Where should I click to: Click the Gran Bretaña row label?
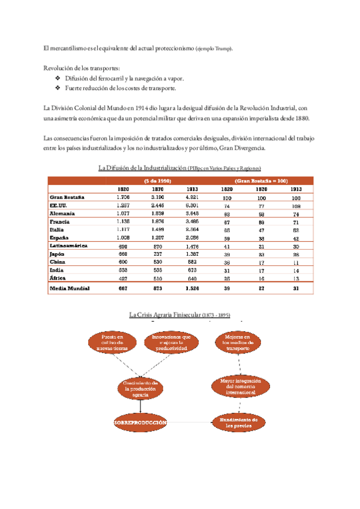click(67, 197)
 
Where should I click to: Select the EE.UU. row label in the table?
click(58, 205)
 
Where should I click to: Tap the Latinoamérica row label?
click(68, 246)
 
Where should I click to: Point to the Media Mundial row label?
click(70, 289)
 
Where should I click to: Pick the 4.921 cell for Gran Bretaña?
click(193, 197)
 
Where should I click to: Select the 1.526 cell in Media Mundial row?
click(193, 289)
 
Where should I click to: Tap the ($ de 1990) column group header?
click(158, 180)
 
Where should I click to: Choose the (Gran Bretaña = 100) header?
click(261, 180)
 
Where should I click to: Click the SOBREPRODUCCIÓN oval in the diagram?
click(140, 423)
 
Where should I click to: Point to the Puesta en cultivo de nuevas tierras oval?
click(112, 342)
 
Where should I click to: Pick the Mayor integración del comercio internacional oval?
click(238, 387)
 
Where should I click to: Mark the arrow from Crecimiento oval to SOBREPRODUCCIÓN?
click(140, 406)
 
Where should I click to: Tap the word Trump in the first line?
click(222, 48)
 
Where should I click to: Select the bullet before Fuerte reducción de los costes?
click(57, 89)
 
